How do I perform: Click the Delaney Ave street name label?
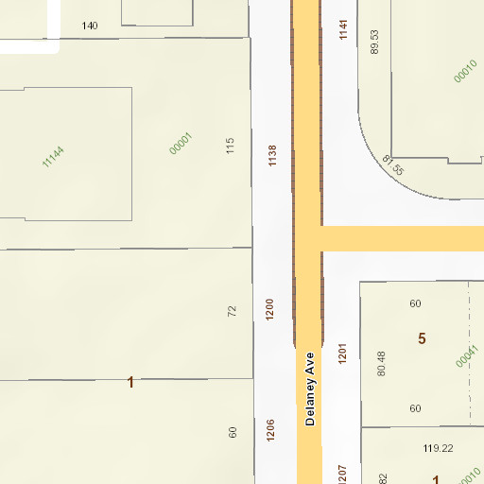[x=309, y=389]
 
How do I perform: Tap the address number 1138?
[x=272, y=156]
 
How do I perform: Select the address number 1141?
[x=343, y=30]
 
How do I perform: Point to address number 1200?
[x=269, y=308]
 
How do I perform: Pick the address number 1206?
[x=270, y=430]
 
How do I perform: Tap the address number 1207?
[x=342, y=474]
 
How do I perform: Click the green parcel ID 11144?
[x=53, y=156]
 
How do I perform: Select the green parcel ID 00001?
[x=180, y=144]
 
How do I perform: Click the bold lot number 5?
[x=422, y=338]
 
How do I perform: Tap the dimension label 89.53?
[x=374, y=42]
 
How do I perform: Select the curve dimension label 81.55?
[x=393, y=165]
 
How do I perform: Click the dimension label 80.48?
[x=381, y=363]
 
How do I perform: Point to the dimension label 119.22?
[x=437, y=448]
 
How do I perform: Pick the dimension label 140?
[x=90, y=26]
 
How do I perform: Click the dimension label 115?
[x=230, y=146]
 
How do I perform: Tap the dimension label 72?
[x=233, y=310]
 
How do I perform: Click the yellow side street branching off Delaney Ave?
[x=402, y=238]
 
